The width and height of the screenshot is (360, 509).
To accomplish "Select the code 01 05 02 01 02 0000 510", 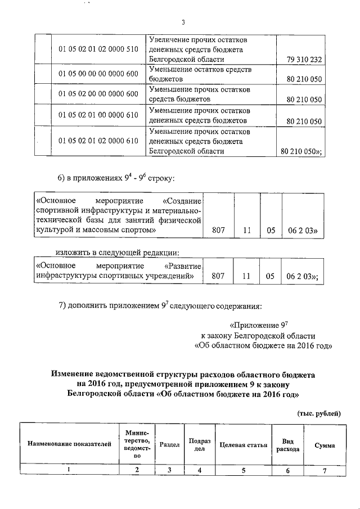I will pos(98,49).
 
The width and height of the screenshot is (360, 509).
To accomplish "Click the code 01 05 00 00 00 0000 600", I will pos(98,75).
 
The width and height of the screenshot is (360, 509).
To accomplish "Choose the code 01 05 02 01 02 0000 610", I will pos(98,141).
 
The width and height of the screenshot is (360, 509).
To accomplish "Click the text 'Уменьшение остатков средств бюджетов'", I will pos(200,74).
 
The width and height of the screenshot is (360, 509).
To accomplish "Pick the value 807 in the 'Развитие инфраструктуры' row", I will pos(218,276).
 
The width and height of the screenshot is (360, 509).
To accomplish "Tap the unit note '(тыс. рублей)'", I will pos(318,413).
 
